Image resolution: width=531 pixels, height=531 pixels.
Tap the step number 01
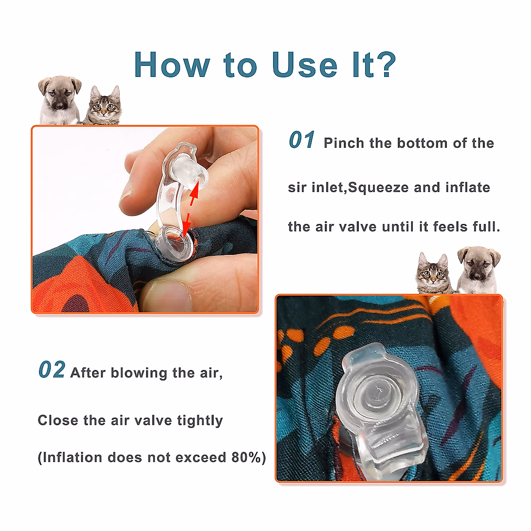pos(302,141)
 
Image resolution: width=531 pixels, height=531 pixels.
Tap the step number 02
pos(52,370)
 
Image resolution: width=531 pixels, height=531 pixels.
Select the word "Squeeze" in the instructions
pos(378,188)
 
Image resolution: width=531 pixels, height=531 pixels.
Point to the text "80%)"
pos(249,457)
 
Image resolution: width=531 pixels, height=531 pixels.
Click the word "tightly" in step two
pos(200,420)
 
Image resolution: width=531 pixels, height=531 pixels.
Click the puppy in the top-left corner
pos(60,100)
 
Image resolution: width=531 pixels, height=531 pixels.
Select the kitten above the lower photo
pos(433,273)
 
